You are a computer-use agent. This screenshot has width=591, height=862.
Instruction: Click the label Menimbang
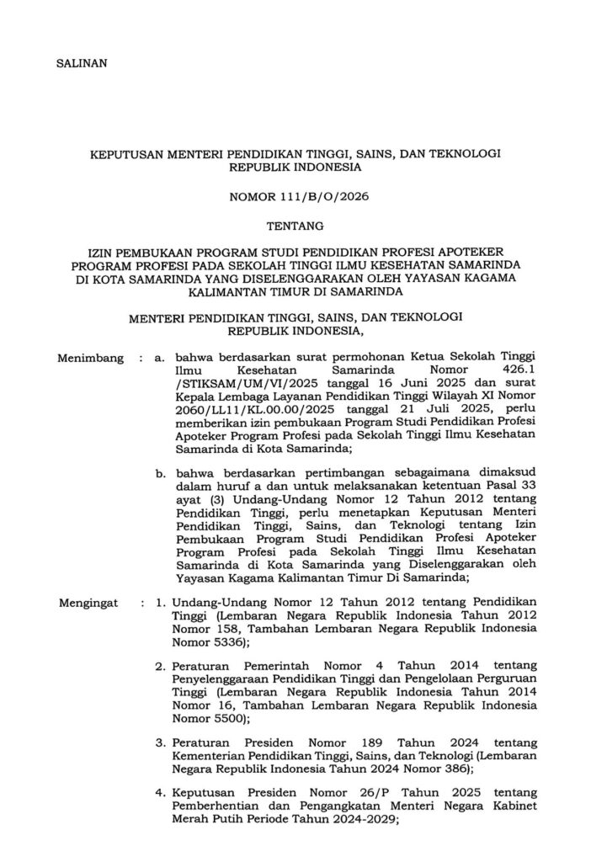pyautogui.click(x=88, y=358)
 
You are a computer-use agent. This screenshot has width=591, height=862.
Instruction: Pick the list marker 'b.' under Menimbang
pyautogui.click(x=160, y=473)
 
